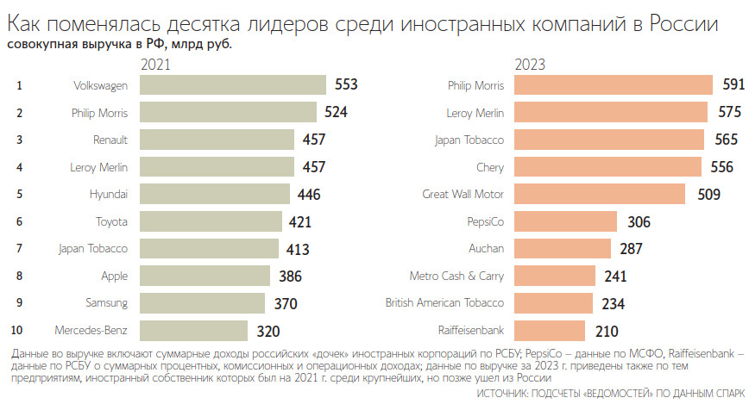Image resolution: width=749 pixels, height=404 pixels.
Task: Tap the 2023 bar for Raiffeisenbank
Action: click(549, 331)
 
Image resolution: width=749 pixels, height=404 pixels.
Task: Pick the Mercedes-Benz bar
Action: click(192, 331)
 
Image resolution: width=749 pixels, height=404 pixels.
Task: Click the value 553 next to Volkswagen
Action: click(345, 84)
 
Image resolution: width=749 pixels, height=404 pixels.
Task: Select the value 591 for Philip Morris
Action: click(733, 84)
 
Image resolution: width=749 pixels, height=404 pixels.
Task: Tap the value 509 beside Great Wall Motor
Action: click(708, 194)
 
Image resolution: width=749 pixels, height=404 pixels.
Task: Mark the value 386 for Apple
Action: click(292, 276)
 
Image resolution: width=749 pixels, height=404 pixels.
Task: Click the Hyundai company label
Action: click(109, 194)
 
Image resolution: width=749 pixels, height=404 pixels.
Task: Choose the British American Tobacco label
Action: click(444, 303)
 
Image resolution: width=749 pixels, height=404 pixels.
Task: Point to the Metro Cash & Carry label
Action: click(456, 276)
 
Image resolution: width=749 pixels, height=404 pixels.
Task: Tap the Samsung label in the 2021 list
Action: click(106, 303)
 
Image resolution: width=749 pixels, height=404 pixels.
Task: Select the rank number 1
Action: click(19, 84)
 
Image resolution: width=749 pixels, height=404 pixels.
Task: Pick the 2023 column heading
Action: click(530, 65)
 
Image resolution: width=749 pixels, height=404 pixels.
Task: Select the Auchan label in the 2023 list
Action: click(486, 249)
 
